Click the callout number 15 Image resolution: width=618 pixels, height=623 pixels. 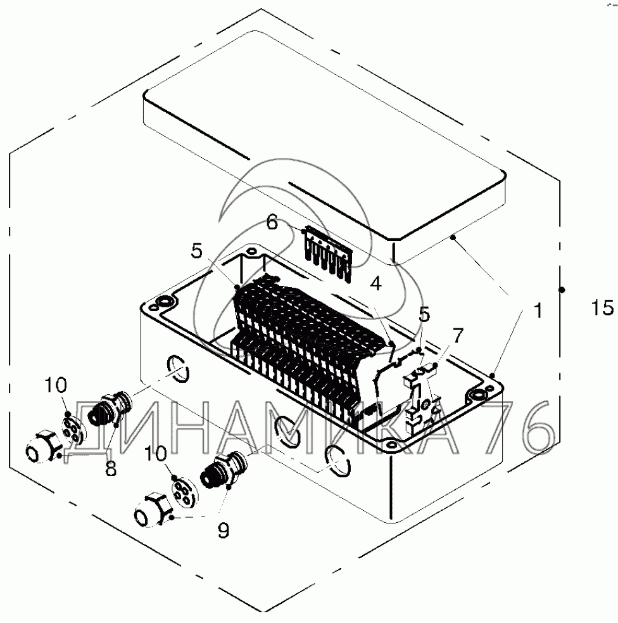[603, 308]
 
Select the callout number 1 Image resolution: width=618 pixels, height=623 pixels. [537, 311]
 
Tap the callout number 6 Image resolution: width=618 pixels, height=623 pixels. [272, 222]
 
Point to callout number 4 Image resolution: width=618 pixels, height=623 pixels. [376, 284]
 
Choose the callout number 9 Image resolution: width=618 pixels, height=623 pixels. [223, 530]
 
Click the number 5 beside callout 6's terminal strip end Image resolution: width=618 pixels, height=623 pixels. [197, 251]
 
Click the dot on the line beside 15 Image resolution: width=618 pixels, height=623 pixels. [562, 290]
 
